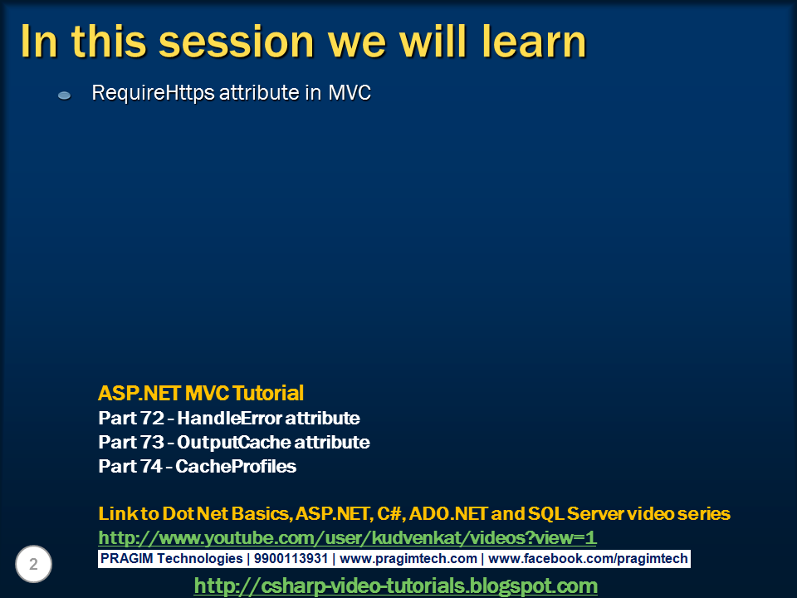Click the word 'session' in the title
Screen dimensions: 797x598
(237, 42)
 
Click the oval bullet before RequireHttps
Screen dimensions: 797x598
(65, 95)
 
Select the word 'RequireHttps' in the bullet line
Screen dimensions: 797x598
(153, 93)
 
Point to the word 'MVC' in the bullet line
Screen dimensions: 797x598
(350, 92)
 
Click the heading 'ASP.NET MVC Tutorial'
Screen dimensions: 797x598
(201, 393)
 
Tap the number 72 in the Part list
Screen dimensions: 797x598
(151, 418)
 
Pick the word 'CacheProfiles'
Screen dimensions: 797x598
(236, 466)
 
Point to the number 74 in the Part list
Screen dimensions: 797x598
(150, 466)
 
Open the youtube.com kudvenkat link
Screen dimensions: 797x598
(347, 537)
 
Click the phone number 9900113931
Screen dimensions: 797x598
(291, 558)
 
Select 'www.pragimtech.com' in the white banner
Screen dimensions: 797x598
(408, 559)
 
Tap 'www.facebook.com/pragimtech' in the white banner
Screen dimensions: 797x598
(588, 559)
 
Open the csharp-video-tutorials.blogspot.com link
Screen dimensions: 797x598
(395, 586)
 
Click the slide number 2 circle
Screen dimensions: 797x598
(33, 564)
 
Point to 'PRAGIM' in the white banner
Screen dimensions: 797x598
(126, 558)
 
